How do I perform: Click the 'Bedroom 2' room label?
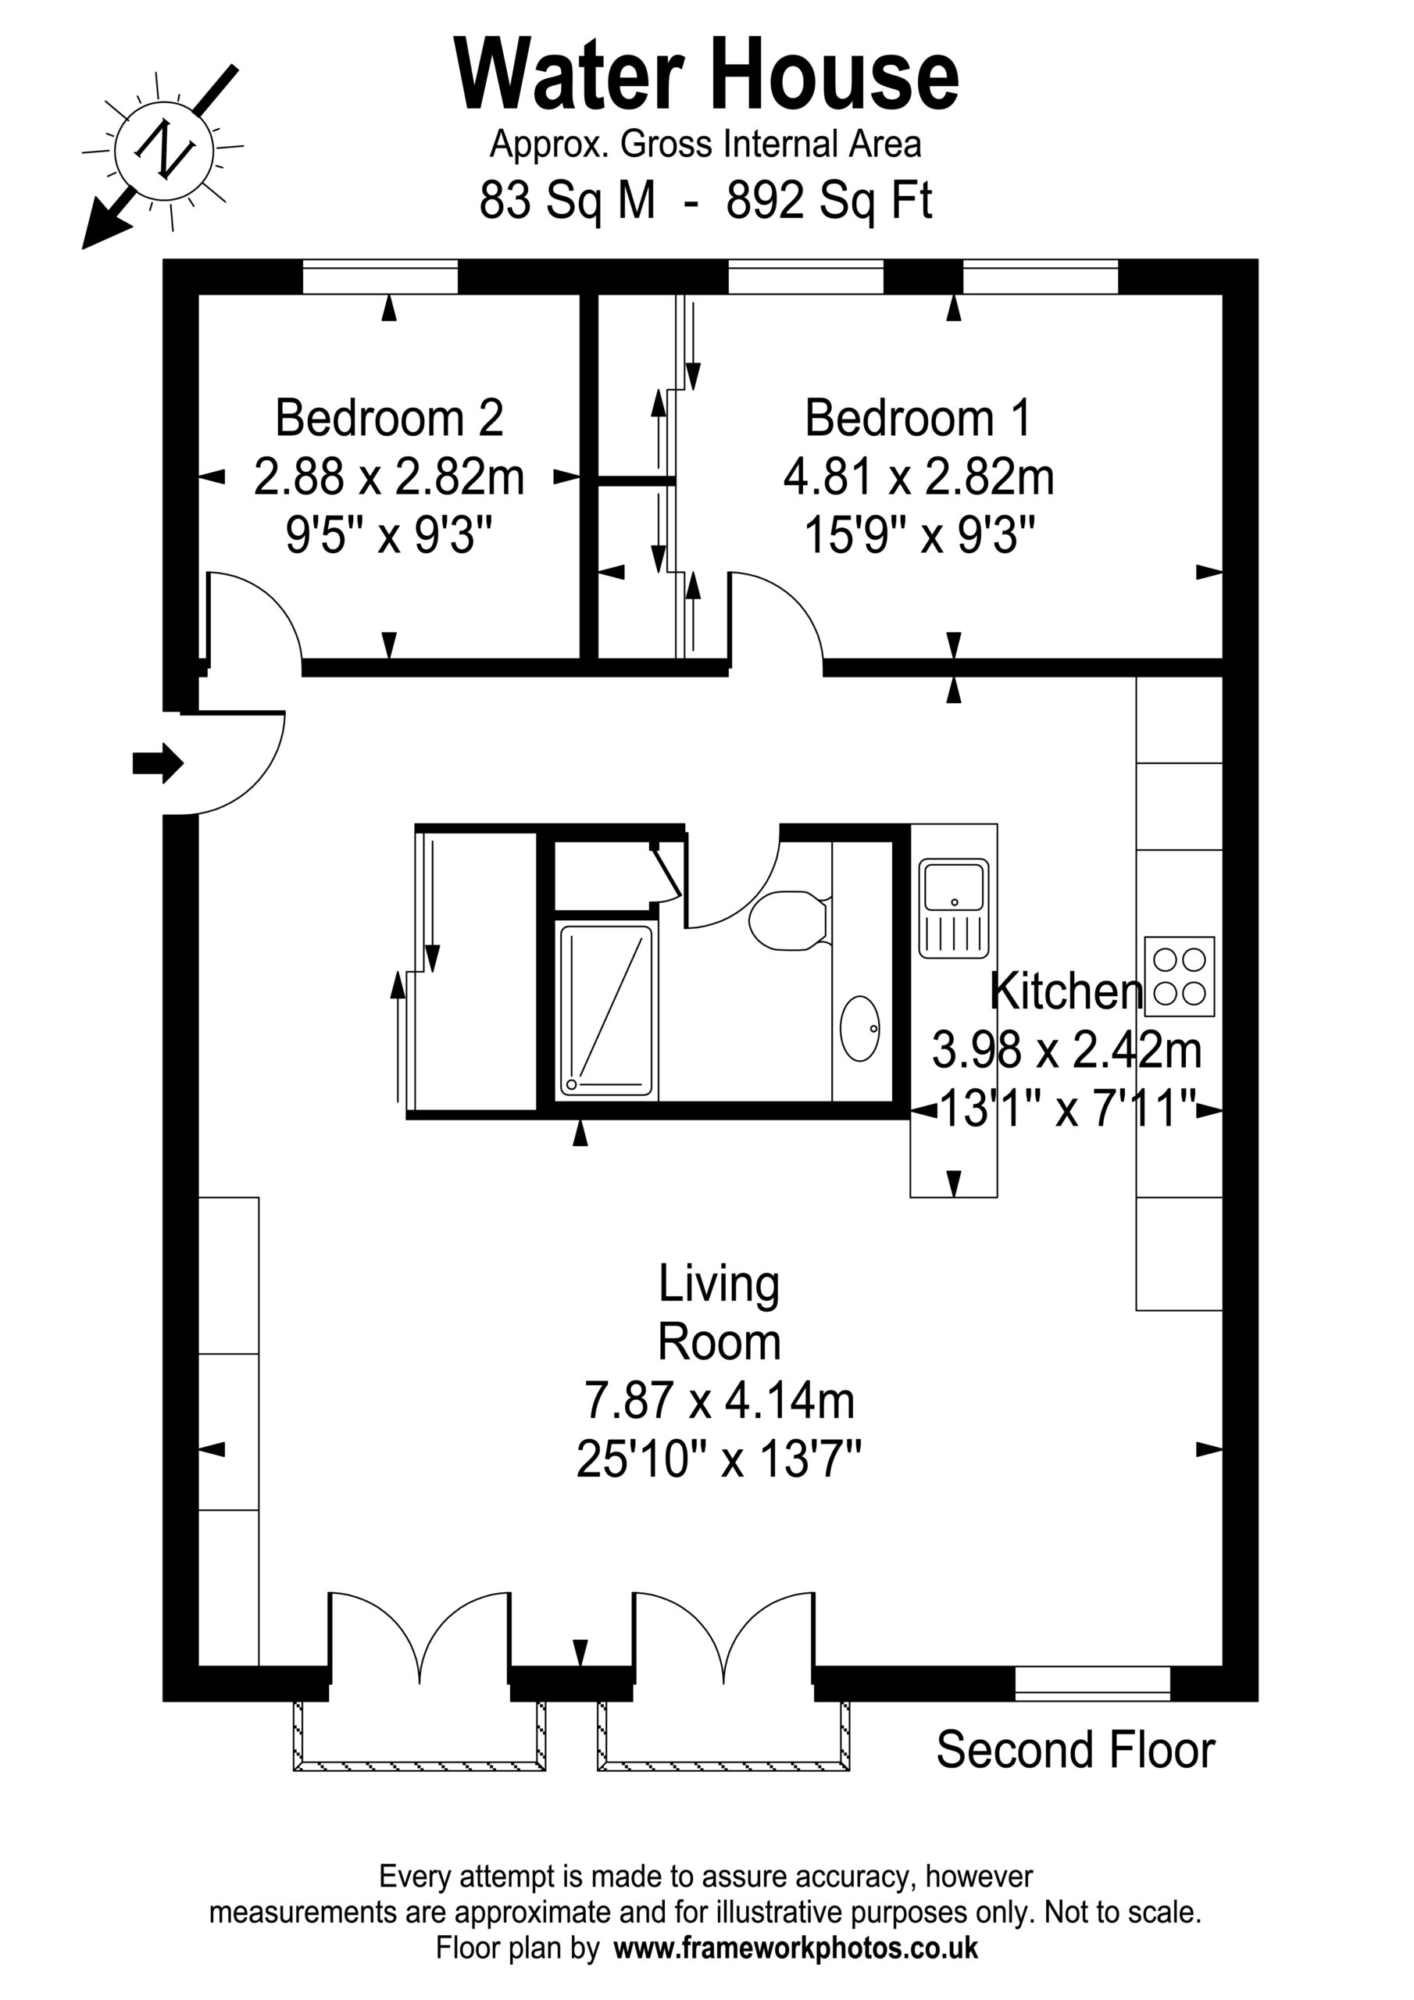click(390, 418)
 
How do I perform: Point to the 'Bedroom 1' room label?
click(918, 418)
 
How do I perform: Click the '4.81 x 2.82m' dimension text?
click(918, 477)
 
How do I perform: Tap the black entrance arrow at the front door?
click(158, 764)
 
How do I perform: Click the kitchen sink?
click(954, 909)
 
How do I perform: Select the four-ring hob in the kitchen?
click(1180, 977)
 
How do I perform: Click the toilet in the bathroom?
click(787, 920)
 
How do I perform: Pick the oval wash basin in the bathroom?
click(860, 1029)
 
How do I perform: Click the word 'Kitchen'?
click(1066, 991)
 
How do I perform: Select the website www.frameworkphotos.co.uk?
click(796, 1948)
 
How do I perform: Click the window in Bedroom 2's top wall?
click(380, 277)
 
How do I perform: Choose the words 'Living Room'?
click(719, 1312)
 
